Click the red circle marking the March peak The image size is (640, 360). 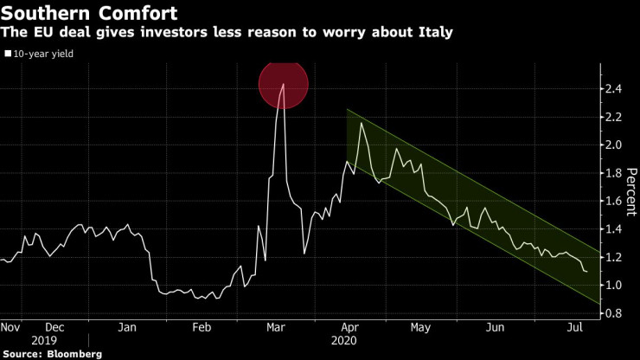tap(284, 85)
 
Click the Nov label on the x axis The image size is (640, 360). tap(11, 328)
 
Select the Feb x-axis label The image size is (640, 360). tap(201, 328)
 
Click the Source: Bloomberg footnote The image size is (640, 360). tap(52, 354)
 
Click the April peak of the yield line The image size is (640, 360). tap(361, 124)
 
